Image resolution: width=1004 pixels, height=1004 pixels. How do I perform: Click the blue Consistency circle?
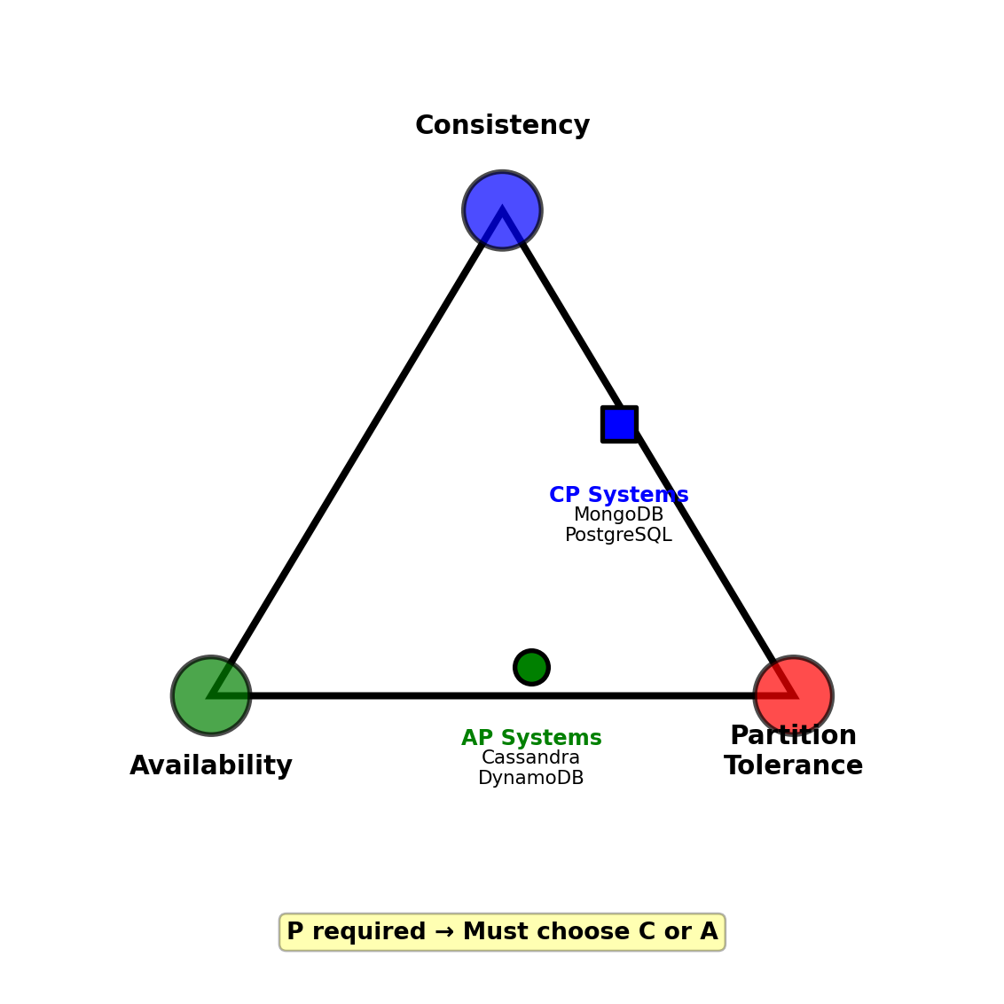point(502,210)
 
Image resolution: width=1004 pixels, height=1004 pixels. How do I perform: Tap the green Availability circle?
point(211,695)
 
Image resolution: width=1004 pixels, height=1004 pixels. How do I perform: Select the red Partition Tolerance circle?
point(793,695)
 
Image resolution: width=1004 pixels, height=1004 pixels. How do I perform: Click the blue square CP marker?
point(619,424)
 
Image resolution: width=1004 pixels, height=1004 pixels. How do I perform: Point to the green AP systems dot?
point(531,667)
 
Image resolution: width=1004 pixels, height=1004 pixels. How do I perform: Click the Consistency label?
point(502,126)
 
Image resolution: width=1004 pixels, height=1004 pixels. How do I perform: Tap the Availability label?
point(211,766)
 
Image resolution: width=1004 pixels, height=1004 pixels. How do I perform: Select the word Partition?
point(793,736)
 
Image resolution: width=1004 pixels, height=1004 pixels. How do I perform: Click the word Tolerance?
point(793,766)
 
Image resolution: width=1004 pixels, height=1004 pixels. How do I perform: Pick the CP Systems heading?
point(618,495)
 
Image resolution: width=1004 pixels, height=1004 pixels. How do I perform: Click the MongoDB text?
point(618,515)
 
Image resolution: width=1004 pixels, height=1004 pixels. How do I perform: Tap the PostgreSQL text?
point(618,536)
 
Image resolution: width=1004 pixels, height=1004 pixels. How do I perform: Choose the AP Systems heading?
point(531,738)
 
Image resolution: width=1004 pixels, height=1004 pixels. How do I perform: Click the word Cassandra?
point(530,758)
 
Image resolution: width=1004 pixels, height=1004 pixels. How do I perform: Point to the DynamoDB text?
point(530,779)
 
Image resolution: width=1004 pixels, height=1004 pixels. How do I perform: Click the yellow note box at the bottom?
point(502,932)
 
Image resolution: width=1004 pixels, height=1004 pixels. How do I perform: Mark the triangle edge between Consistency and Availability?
point(357,452)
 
